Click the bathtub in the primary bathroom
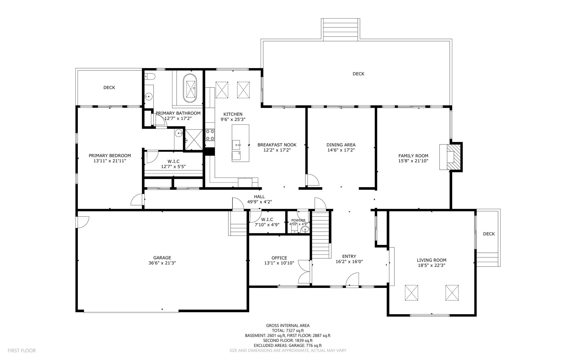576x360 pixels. (x=190, y=88)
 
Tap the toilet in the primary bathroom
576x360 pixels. (x=149, y=76)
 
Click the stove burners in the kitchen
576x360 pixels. (x=210, y=135)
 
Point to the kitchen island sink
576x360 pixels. (x=236, y=145)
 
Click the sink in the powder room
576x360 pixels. (x=305, y=230)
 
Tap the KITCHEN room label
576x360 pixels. (x=233, y=114)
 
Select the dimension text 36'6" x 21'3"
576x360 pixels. (x=162, y=263)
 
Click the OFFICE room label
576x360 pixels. (x=279, y=258)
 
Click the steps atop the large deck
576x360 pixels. (x=341, y=29)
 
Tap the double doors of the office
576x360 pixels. (x=305, y=272)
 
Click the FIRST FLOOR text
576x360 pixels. (x=22, y=351)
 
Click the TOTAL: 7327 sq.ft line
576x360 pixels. (x=288, y=331)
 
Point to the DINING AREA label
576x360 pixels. (x=341, y=145)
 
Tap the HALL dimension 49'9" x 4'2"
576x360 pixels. (x=259, y=202)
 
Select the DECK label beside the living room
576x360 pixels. (x=489, y=234)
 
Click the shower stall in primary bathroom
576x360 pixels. (x=194, y=140)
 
